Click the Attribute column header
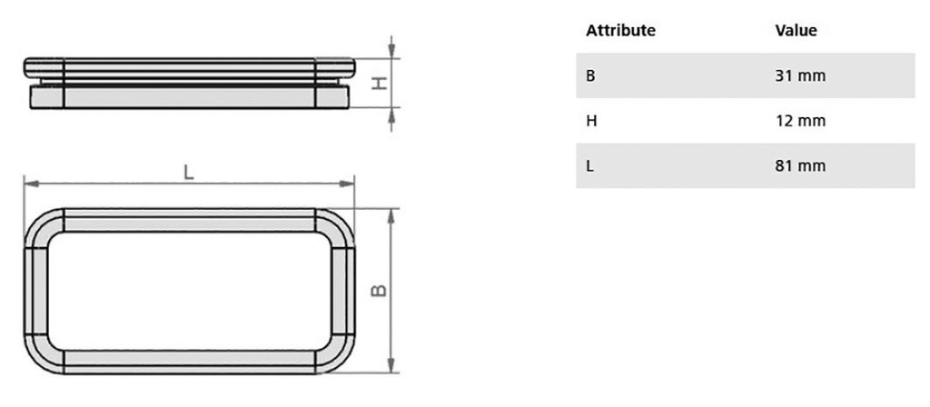620,30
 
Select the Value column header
796,30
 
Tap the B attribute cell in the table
590,76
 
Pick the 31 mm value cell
800,76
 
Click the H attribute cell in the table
590,121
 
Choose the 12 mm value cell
800,121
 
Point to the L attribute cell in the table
589,166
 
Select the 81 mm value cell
800,166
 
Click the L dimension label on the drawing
189,172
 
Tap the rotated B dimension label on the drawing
379,290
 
